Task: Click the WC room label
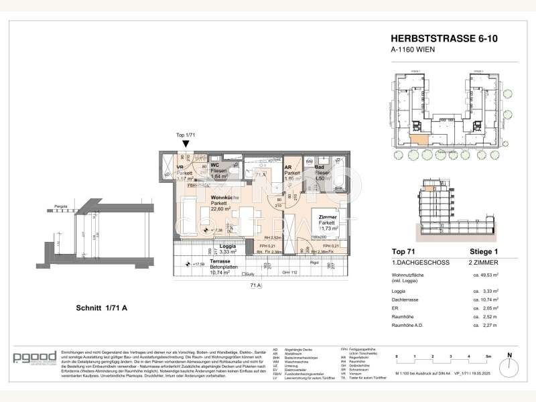pyautogui.click(x=216, y=164)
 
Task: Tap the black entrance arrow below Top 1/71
pyautogui.click(x=185, y=143)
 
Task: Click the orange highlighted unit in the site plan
pyautogui.click(x=419, y=139)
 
